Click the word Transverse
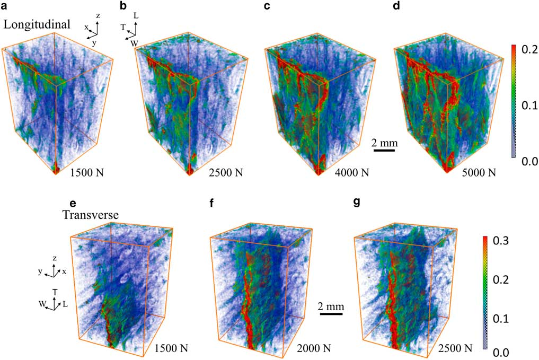click(x=84, y=215)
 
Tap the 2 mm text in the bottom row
click(x=331, y=306)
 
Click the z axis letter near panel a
click(x=98, y=16)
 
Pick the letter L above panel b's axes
click(x=136, y=16)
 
